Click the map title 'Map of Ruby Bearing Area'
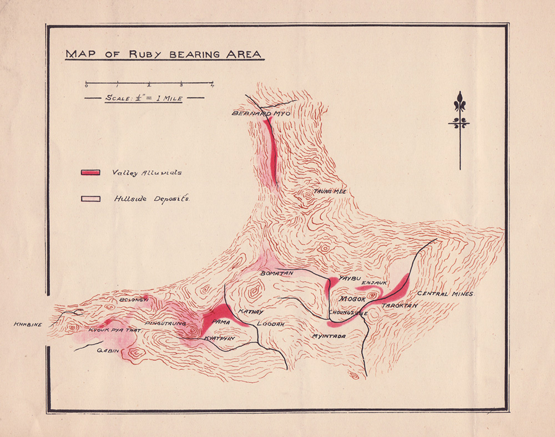(164, 54)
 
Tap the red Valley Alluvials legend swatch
(90, 172)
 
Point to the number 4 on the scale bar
(213, 85)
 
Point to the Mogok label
(351, 299)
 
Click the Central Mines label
(445, 293)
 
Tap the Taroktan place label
(399, 305)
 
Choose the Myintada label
(329, 336)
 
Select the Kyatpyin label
(218, 338)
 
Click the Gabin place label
(108, 350)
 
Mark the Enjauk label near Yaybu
(374, 283)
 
